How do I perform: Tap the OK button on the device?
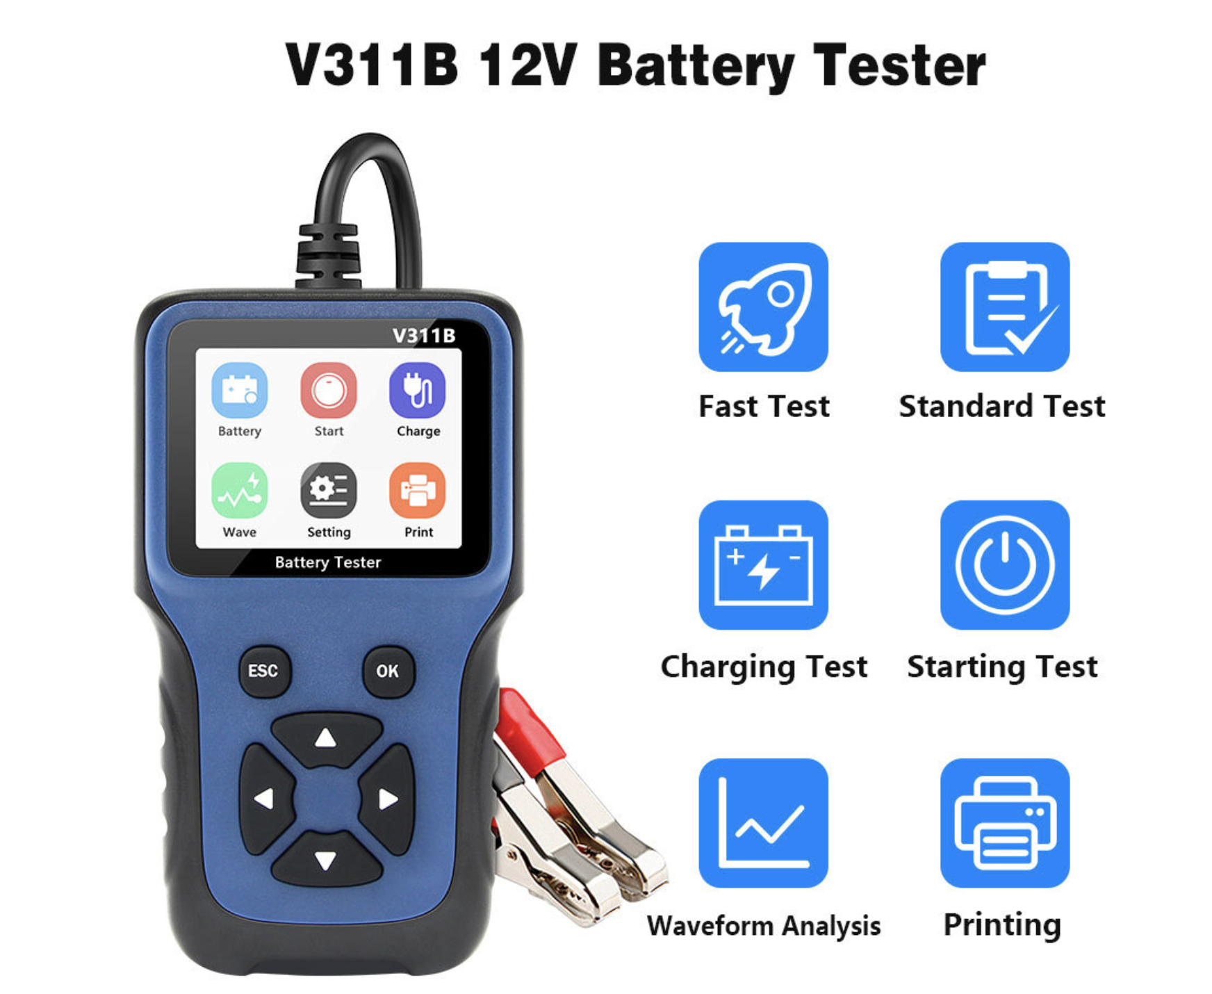tap(388, 671)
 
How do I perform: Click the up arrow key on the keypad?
tap(326, 738)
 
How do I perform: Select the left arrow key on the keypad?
tap(265, 799)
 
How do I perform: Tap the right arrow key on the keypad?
tap(387, 799)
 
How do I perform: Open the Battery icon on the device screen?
tap(239, 390)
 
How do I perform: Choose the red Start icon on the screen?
tap(329, 390)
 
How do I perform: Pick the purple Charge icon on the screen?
tap(418, 390)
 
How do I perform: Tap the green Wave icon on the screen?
tap(239, 491)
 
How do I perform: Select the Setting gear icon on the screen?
tap(329, 491)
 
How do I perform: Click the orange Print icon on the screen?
tap(418, 491)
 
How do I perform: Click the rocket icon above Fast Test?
tap(763, 307)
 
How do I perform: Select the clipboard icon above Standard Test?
tap(1005, 307)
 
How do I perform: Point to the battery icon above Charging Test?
tap(763, 565)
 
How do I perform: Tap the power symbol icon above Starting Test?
tap(1005, 565)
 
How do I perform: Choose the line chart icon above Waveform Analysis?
tap(763, 823)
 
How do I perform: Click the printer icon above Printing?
tap(1005, 823)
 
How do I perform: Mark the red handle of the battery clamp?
tap(530, 730)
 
